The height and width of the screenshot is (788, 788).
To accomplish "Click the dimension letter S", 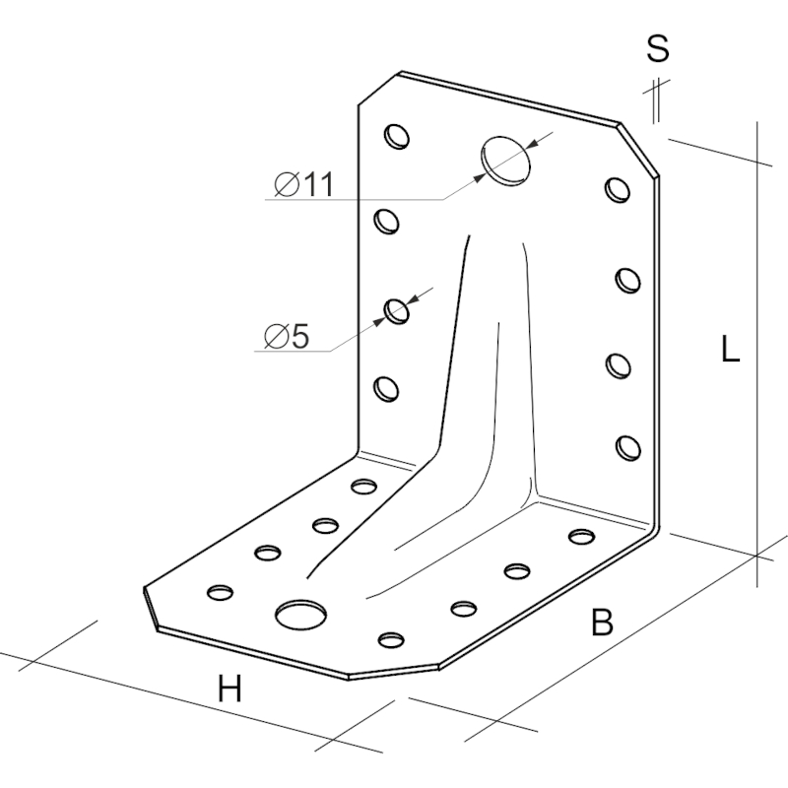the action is click(658, 48).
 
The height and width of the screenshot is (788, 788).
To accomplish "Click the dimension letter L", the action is click(730, 349).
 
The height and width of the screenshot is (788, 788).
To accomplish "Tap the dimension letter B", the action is click(602, 622).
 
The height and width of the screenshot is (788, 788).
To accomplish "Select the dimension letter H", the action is click(230, 689).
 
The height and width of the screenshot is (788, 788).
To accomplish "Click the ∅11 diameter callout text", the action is click(304, 184).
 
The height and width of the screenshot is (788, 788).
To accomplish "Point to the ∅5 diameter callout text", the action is click(287, 335).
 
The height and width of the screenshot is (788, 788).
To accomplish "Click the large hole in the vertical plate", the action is click(505, 161).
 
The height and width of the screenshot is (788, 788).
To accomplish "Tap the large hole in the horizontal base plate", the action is click(300, 614).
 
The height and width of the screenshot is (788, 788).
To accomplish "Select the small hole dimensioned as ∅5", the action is click(397, 311).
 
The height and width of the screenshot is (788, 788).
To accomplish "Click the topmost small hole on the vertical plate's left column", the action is click(397, 136).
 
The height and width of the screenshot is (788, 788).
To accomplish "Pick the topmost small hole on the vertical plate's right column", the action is click(618, 190).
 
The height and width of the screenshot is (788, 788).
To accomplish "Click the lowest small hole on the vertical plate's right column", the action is click(628, 447).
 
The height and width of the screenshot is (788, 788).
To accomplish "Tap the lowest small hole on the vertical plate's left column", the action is click(386, 389).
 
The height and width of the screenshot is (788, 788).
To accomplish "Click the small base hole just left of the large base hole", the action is click(220, 593).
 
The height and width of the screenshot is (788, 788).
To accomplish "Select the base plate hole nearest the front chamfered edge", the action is click(391, 639).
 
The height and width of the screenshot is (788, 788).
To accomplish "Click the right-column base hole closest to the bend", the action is click(582, 536).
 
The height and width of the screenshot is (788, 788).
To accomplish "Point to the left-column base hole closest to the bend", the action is click(363, 487).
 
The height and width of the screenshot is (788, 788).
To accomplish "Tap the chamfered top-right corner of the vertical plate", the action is click(638, 150).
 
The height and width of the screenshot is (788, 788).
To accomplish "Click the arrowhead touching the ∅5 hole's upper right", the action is click(413, 300).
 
